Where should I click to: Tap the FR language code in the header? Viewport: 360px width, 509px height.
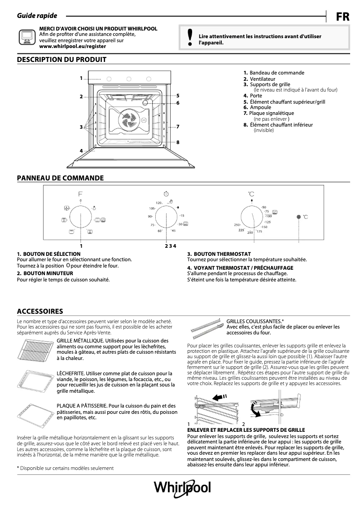click(x=342, y=17)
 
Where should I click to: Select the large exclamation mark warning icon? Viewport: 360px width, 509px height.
click(x=190, y=37)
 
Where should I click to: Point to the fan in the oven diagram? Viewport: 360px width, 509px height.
click(x=127, y=120)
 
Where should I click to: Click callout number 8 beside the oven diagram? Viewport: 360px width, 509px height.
click(x=178, y=142)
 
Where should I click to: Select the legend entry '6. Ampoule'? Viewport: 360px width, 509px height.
click(x=257, y=107)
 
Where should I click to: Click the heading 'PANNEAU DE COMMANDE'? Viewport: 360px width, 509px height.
click(x=60, y=178)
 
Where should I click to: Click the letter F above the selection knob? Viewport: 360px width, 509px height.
click(x=81, y=194)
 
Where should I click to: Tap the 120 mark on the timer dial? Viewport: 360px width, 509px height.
click(x=158, y=203)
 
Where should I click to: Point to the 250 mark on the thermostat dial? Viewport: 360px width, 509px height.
click(x=237, y=224)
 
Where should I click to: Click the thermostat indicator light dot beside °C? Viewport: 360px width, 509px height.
click(x=298, y=217)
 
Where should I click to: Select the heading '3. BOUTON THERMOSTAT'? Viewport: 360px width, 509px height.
click(x=219, y=254)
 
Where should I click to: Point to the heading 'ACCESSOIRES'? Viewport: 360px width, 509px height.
click(x=40, y=311)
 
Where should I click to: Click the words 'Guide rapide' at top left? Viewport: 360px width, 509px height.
click(x=37, y=16)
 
